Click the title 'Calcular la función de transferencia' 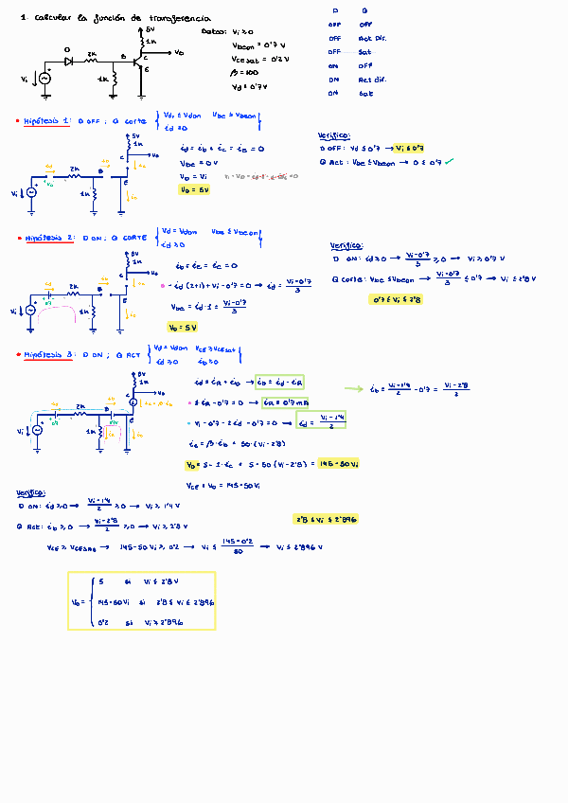pyautogui.click(x=122, y=18)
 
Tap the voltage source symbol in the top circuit pyautogui.click(x=43, y=79)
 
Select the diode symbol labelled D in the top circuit pyautogui.click(x=68, y=59)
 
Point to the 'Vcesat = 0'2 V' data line pyautogui.click(x=258, y=59)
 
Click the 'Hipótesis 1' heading pyautogui.click(x=48, y=121)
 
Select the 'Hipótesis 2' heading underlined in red pyautogui.click(x=48, y=239)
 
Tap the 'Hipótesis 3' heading pyautogui.click(x=48, y=354)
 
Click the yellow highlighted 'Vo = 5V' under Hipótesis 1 pyautogui.click(x=193, y=189)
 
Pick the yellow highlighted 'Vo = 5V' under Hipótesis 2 pyautogui.click(x=181, y=327)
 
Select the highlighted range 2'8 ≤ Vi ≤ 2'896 pyautogui.click(x=326, y=519)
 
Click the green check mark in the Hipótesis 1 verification pyautogui.click(x=450, y=161)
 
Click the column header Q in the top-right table pyautogui.click(x=365, y=10)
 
